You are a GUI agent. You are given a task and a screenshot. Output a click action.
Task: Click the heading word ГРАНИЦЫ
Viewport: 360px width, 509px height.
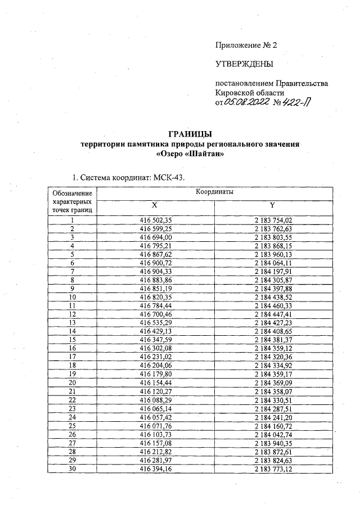[x=190, y=134]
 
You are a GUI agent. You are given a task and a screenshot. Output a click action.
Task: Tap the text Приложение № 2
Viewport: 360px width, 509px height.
[x=246, y=45]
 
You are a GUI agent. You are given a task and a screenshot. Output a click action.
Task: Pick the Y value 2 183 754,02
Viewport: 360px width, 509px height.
[x=274, y=220]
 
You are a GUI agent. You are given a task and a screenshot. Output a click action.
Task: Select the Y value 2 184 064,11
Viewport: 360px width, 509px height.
[x=274, y=263]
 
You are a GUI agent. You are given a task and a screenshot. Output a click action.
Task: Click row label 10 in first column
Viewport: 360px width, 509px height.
[x=72, y=296]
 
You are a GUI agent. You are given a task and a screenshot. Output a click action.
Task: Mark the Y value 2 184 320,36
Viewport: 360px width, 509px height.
[x=274, y=356]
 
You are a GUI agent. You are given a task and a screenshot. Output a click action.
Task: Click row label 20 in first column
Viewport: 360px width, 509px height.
[x=72, y=382]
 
